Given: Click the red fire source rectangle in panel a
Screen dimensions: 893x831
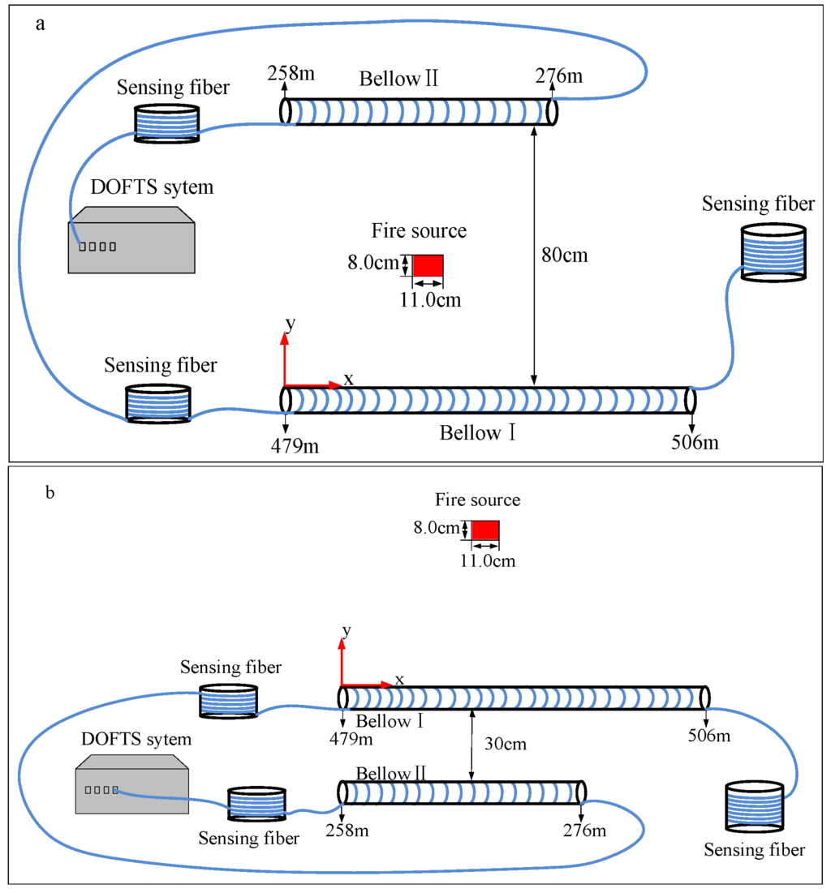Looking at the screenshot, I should coord(428,266).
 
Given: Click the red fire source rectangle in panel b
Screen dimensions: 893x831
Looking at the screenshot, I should coord(485,530).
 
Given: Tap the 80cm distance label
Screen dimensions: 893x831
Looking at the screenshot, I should coord(564,255).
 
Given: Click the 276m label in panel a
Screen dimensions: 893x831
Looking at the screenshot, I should coord(558,75).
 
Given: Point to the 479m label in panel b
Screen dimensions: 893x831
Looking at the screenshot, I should coord(351,738).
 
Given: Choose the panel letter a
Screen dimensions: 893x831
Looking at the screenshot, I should coord(40,24).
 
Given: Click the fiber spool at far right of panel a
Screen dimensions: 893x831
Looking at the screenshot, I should coord(773,252).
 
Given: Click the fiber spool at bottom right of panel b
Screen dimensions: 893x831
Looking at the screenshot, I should coord(754,806).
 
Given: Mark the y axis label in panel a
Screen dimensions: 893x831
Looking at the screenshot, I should coord(290,324).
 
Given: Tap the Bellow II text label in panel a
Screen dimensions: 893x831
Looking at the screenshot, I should coord(398,79).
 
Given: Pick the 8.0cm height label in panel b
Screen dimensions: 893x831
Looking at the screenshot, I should coord(435,529).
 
